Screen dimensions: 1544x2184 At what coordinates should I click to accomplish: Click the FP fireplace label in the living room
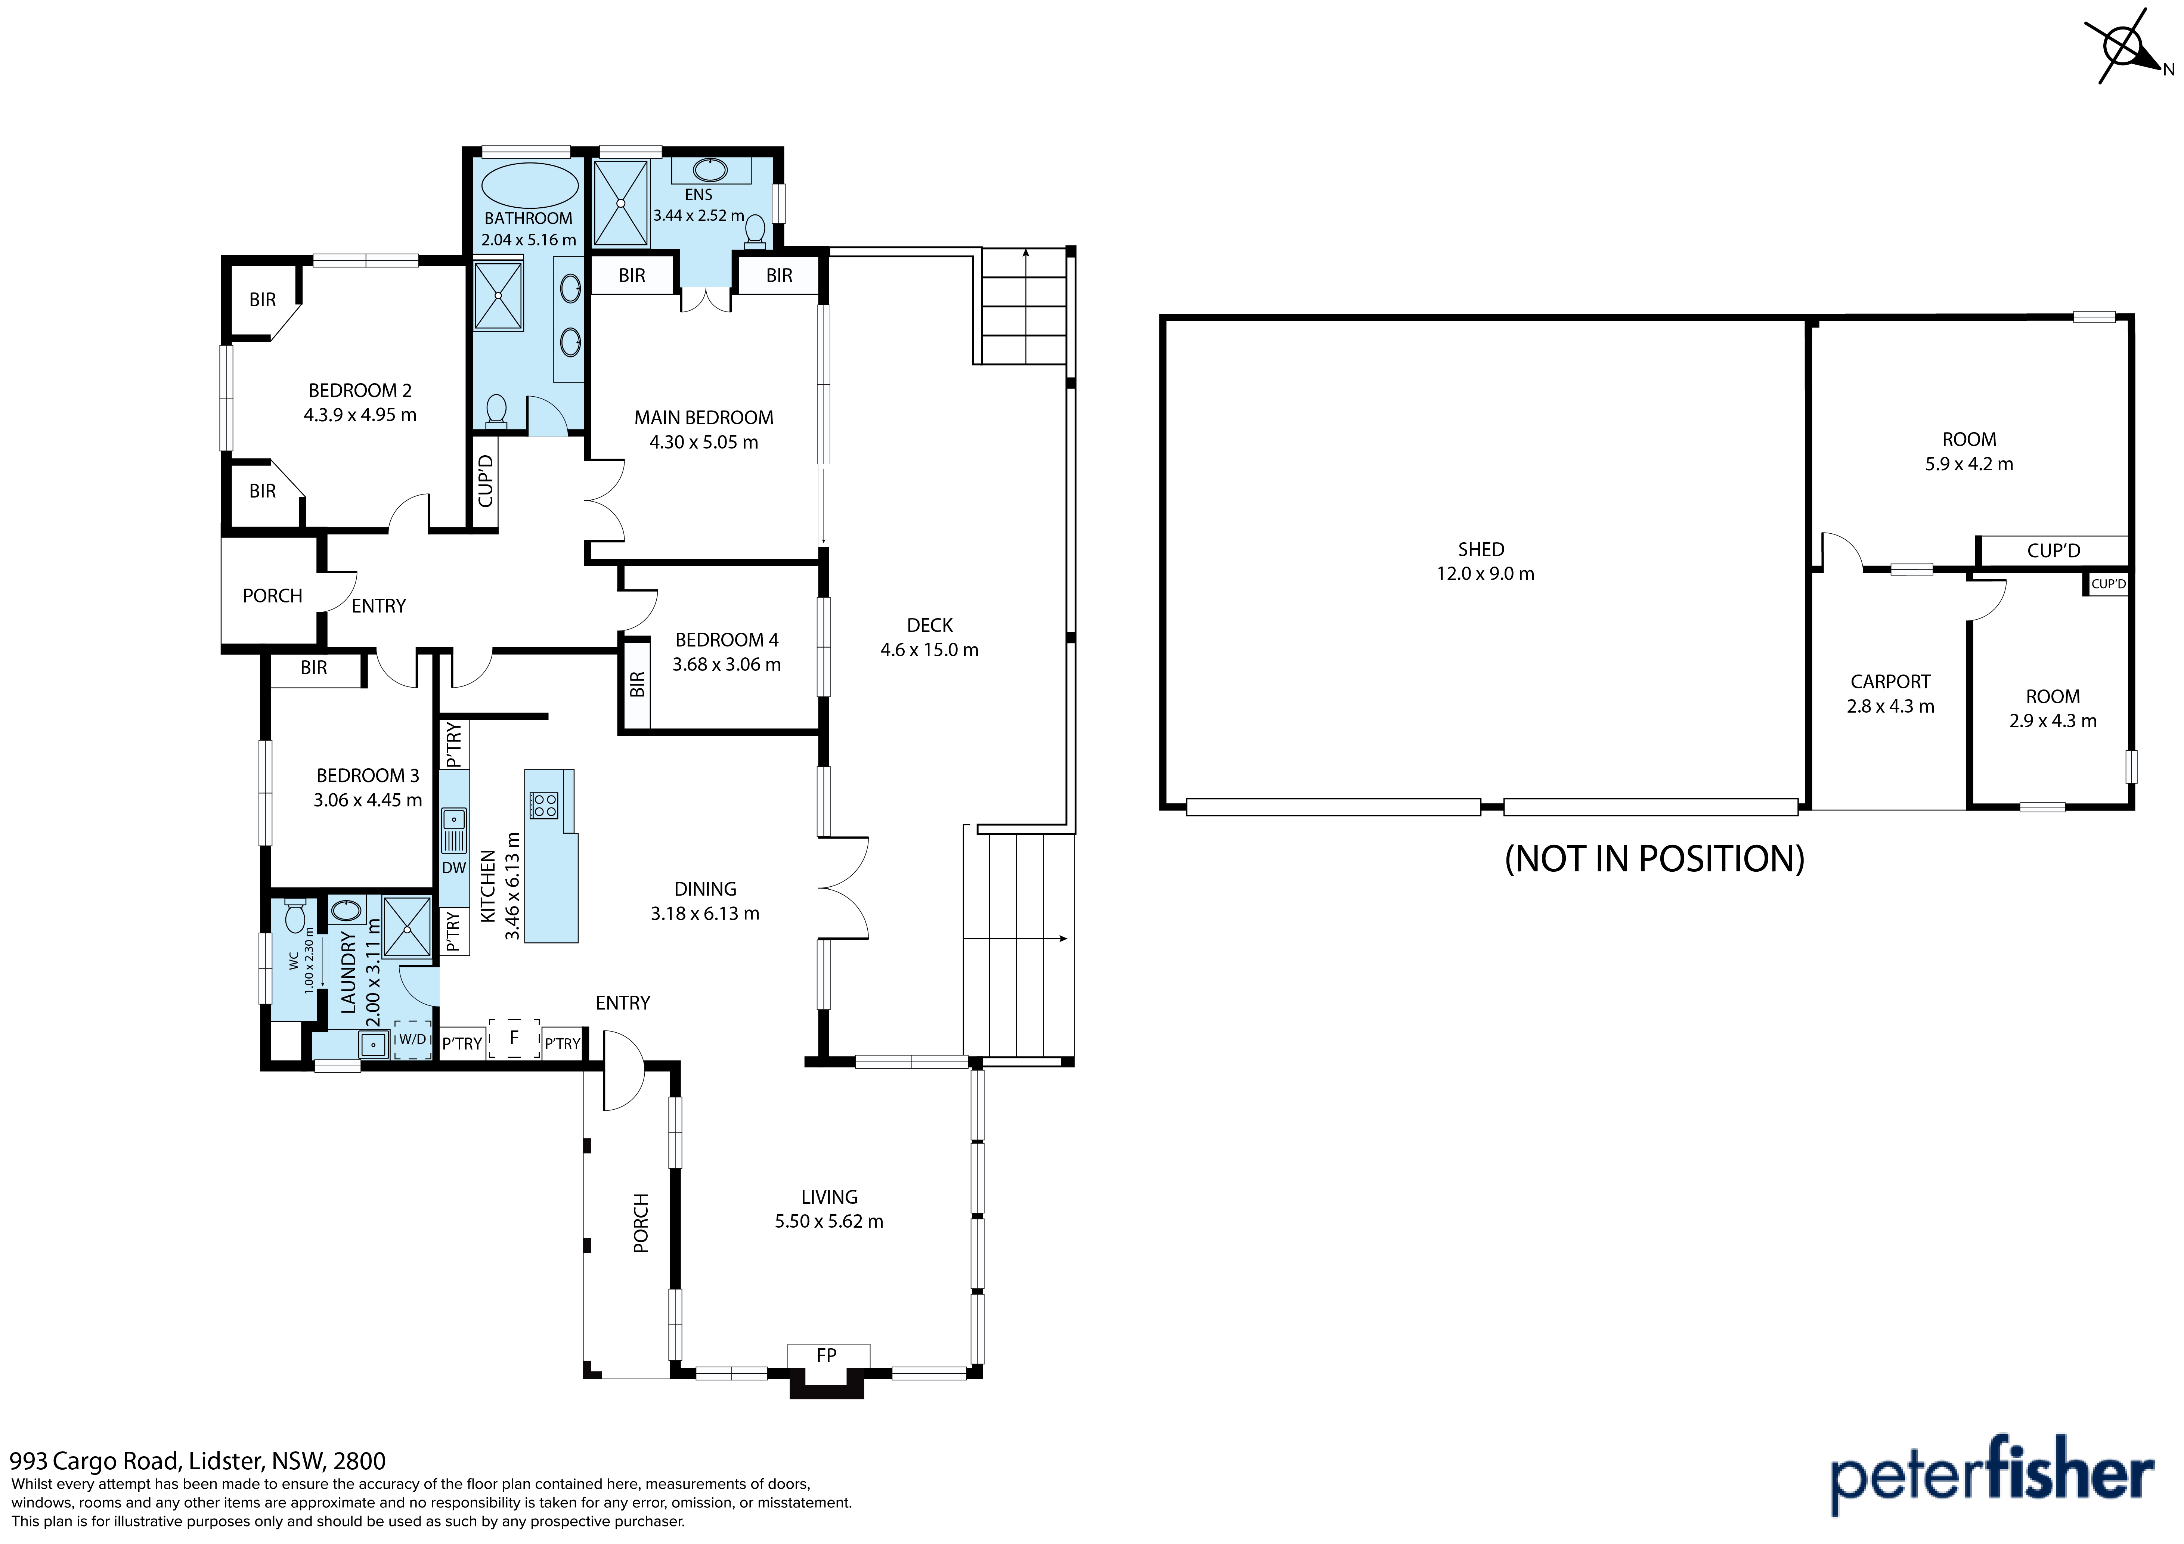[827, 1355]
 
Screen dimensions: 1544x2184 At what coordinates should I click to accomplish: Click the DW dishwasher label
[454, 868]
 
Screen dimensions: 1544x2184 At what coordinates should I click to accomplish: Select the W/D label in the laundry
[412, 1040]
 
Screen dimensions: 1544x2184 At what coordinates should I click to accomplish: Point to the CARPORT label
[1890, 682]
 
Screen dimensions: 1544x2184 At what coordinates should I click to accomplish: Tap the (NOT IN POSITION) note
[1654, 859]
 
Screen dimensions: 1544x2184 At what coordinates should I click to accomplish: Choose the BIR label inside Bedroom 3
[314, 668]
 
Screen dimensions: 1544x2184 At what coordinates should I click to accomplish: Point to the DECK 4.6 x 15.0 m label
[929, 638]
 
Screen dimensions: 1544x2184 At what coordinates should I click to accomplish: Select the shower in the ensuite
[620, 203]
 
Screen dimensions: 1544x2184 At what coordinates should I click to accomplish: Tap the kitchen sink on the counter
[454, 830]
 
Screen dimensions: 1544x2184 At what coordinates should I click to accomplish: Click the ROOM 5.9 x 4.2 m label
[1969, 452]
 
